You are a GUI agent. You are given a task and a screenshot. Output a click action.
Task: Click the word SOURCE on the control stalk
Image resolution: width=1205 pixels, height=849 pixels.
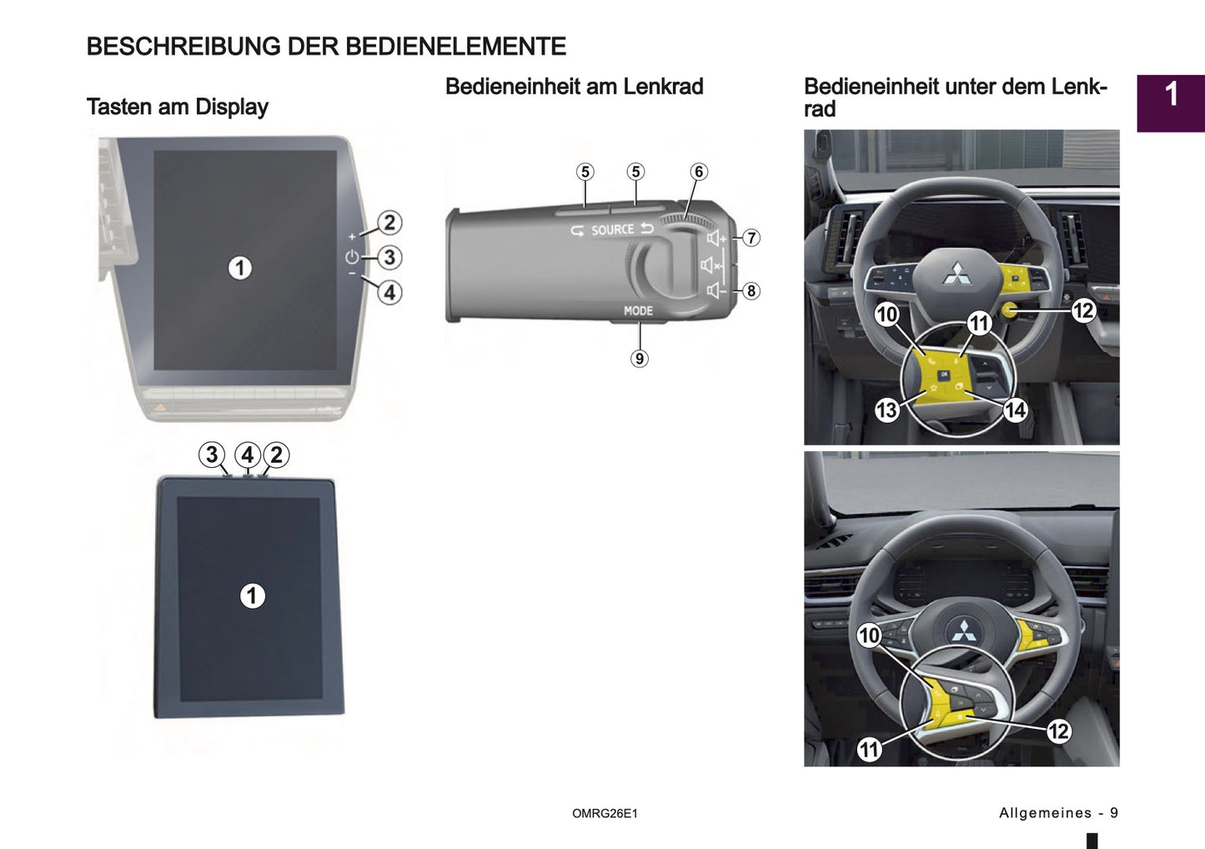tap(612, 229)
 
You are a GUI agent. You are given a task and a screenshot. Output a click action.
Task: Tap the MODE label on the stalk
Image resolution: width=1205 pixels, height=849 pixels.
tap(638, 310)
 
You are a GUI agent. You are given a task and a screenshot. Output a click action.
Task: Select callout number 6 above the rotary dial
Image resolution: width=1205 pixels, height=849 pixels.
tap(699, 172)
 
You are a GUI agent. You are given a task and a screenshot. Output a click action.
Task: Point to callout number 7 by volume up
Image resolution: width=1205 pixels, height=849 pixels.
tap(751, 238)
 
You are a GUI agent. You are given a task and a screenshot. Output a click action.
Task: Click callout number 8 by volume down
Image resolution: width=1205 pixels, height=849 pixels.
tap(751, 291)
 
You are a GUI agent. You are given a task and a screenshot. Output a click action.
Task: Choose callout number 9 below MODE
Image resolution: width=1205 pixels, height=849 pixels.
tap(639, 359)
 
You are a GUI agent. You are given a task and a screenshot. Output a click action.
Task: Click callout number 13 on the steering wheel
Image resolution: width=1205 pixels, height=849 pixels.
tap(886, 409)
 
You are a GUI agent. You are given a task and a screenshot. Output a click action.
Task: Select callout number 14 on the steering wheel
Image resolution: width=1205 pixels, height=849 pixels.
tap(1015, 409)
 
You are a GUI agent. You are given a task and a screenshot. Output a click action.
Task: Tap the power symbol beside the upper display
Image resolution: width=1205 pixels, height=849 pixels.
tap(352, 257)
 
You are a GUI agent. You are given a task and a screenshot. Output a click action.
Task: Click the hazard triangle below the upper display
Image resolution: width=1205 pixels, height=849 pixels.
tap(160, 409)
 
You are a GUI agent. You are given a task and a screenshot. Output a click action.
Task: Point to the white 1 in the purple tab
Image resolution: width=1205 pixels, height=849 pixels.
tap(1172, 94)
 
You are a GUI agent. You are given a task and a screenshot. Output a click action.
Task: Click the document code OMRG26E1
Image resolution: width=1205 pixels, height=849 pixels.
tap(605, 813)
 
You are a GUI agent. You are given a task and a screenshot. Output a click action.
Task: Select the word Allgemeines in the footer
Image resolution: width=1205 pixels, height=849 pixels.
tap(1045, 813)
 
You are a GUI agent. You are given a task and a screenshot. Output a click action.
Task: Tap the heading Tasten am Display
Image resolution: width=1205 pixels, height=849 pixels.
tap(177, 107)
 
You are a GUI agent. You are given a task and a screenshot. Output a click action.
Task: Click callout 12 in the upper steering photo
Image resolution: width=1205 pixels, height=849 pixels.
tap(1082, 311)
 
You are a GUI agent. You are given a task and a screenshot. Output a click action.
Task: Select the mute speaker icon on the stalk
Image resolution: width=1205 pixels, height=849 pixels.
tap(710, 265)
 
